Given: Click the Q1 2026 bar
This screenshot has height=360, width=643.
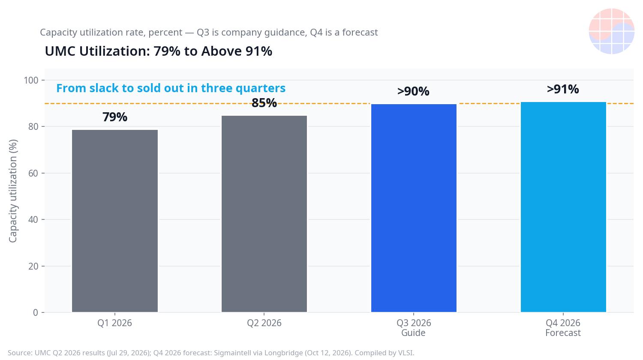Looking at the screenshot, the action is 115,221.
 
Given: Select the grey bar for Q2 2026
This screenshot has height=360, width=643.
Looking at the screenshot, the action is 264,214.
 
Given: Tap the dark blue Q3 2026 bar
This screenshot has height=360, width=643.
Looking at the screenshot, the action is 414,208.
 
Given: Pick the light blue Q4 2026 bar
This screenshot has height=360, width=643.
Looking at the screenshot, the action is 563,207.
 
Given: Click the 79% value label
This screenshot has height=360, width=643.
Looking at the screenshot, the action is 115,117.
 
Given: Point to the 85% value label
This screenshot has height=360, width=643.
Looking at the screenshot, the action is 264,103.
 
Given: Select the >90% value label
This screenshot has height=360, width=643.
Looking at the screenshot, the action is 413,91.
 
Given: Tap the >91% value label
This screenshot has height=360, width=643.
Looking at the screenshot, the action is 563,89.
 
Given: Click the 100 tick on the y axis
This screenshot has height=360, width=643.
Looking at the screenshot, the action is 31,80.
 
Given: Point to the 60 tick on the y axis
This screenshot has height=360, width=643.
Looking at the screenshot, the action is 33,173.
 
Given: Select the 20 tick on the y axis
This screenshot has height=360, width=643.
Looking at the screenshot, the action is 33,266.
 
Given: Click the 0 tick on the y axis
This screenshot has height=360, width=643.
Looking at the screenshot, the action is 36,312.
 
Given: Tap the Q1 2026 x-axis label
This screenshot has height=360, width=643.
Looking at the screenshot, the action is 114,323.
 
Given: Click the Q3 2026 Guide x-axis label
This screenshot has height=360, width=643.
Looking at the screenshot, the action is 414,328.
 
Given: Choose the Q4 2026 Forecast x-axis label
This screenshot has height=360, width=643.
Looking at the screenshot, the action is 563,328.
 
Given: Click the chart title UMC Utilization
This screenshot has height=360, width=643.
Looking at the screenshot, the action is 159,51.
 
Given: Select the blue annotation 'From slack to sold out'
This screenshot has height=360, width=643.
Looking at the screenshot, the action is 171,88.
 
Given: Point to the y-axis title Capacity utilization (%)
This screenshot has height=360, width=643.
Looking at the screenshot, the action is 13,191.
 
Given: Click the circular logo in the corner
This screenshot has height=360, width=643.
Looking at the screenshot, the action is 611,31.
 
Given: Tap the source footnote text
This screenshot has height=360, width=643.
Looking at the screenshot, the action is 211,353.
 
